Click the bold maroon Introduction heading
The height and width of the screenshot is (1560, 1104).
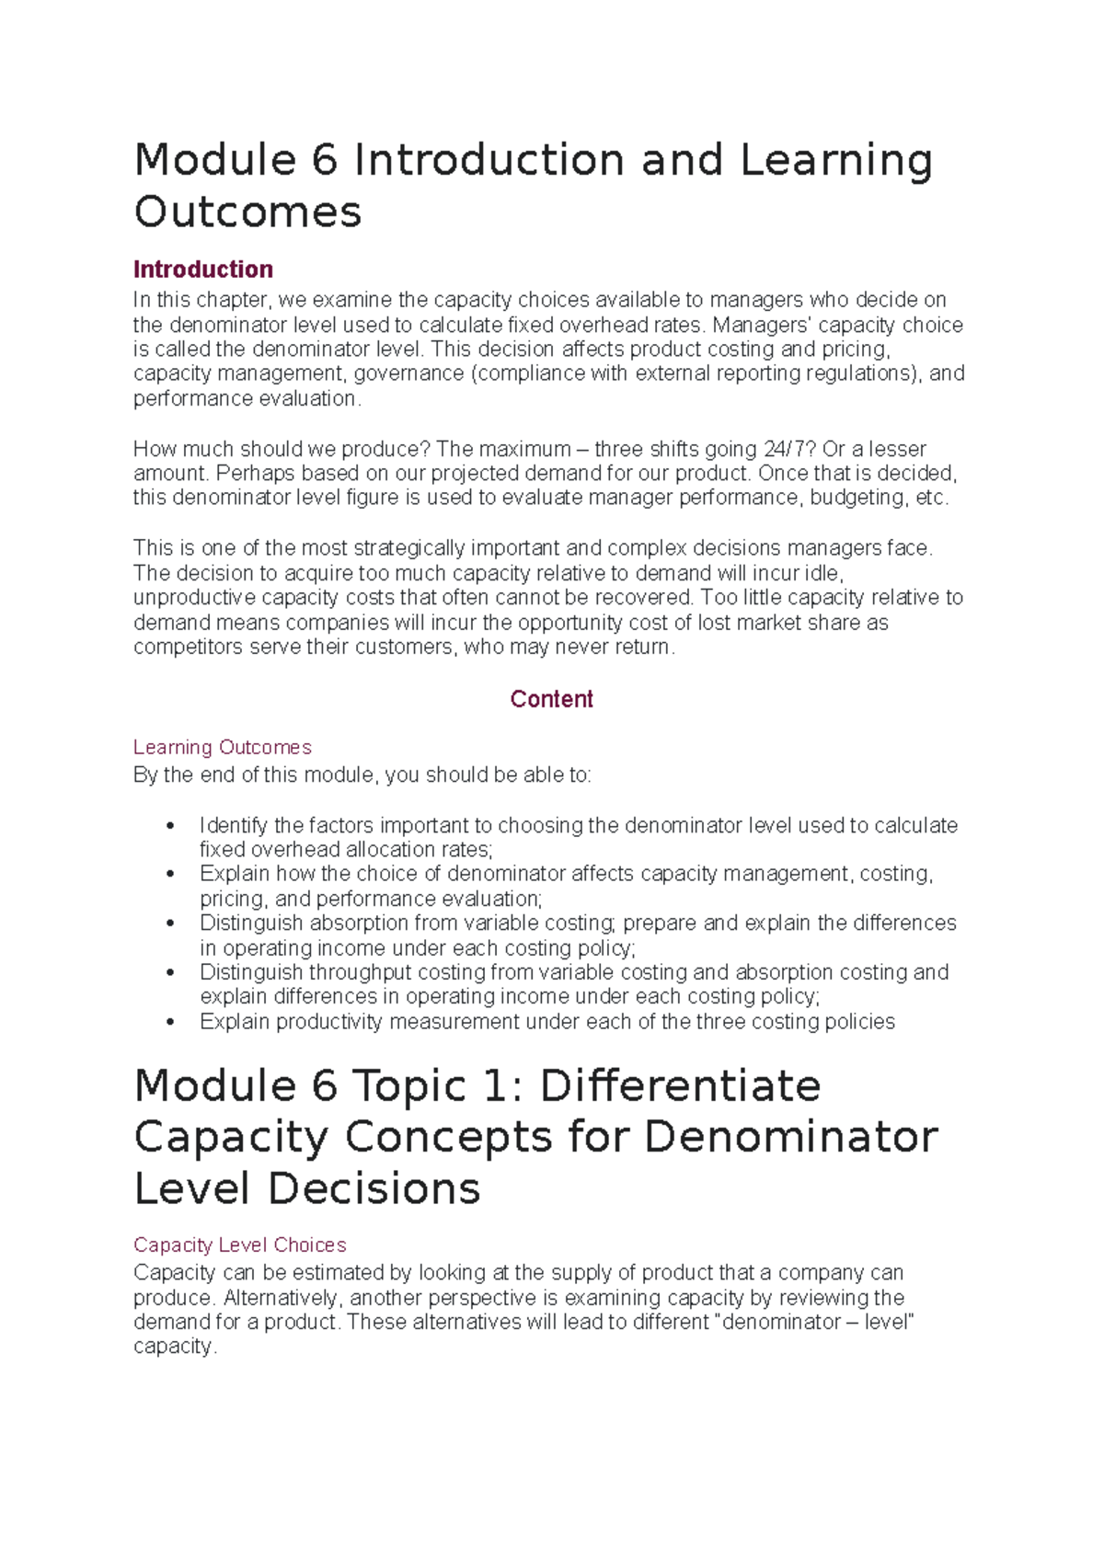pos(203,270)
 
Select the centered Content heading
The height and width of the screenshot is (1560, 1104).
pos(551,699)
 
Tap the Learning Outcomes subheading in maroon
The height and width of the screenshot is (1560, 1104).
pos(223,747)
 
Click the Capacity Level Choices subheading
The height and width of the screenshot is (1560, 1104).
pos(240,1245)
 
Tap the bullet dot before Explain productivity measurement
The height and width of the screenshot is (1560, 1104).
pos(169,1021)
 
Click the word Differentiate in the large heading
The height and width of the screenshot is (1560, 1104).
pos(680,1085)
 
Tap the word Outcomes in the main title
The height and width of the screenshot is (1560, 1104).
pos(248,212)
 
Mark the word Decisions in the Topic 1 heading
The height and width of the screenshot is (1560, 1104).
pos(374,1188)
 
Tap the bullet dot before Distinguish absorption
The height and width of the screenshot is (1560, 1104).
pos(169,923)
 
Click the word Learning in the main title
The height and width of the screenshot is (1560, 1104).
pos(835,160)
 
